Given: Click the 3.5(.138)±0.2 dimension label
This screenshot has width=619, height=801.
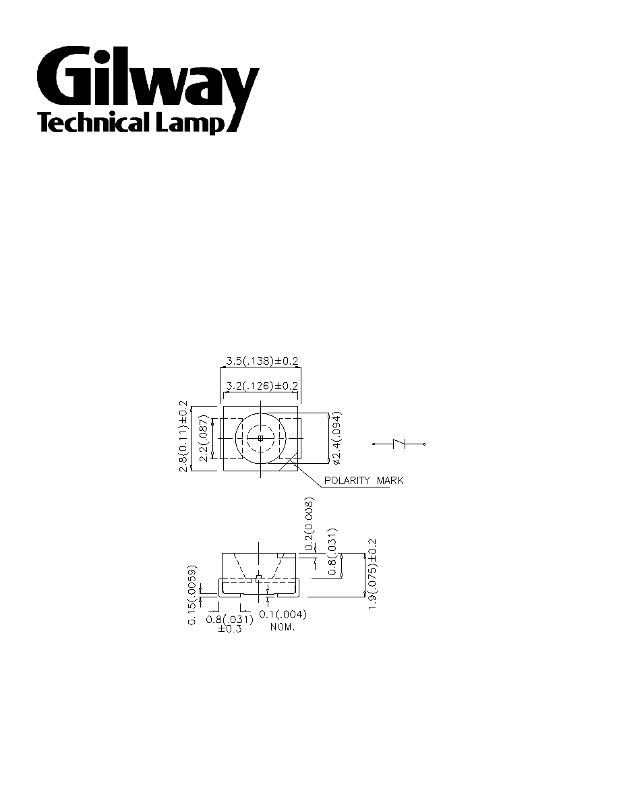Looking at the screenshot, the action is [262, 361].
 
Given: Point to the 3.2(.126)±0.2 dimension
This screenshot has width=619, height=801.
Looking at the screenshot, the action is [262, 386].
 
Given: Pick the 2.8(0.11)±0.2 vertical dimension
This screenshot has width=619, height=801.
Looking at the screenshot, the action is [183, 437].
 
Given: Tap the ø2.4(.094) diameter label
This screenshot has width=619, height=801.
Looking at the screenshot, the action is [336, 438].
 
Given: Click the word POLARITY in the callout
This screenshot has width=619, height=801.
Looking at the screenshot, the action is [347, 480].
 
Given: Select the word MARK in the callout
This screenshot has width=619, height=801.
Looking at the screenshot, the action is [390, 480].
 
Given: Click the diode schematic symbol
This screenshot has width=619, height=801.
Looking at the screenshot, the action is [399, 444].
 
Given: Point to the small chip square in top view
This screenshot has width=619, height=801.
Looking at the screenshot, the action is [260, 438].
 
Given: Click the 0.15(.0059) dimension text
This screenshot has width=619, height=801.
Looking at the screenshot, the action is [192, 595].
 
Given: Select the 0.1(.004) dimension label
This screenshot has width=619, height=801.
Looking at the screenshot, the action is [283, 614].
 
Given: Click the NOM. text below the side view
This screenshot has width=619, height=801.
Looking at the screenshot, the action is [283, 627].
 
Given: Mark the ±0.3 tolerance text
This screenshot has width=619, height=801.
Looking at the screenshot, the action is [230, 629].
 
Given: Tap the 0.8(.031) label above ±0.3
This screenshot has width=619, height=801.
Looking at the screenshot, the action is [230, 619].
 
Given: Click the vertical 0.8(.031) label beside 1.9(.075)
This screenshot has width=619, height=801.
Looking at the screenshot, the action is [332, 552].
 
